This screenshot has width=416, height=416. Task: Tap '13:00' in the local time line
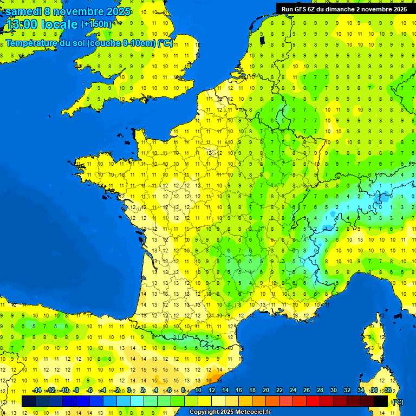22,25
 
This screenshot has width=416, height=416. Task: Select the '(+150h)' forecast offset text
96,24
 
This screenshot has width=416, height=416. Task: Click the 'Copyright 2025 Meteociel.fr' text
230,412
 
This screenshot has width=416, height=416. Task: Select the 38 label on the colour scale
387,391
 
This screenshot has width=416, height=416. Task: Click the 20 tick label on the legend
266,391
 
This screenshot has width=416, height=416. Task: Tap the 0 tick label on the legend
129,391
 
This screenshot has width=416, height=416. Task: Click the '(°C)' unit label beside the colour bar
398,402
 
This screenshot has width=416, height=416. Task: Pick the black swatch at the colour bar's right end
381,401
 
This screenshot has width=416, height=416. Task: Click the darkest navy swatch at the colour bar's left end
29,401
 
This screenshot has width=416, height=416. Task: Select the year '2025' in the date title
118,11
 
